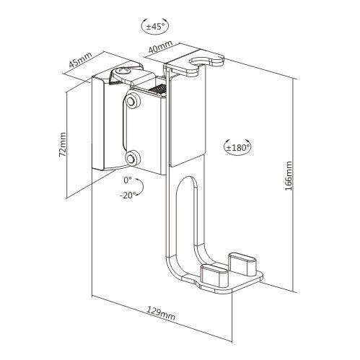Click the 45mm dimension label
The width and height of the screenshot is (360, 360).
[x=80, y=60]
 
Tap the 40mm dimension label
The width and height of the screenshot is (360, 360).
[x=160, y=46]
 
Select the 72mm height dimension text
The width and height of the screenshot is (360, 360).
[x=63, y=144]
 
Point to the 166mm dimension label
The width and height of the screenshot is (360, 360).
[x=289, y=176]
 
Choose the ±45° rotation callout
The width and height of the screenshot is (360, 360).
[x=154, y=26]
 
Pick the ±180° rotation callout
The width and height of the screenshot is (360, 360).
[x=237, y=146]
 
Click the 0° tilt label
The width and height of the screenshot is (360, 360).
[x=128, y=180]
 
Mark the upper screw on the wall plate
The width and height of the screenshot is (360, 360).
[x=131, y=101]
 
